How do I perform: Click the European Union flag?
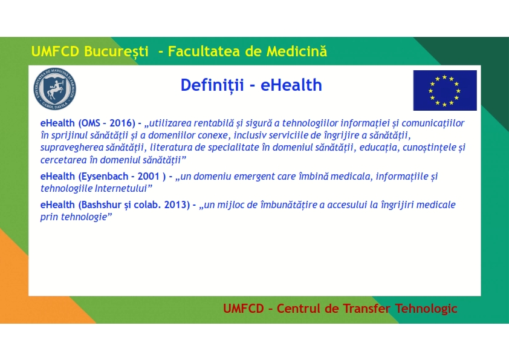pyautogui.click(x=445, y=90)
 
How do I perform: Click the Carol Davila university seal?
pyautogui.click(x=55, y=89)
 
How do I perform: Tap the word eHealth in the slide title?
pyautogui.click(x=291, y=85)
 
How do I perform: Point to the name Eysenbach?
pyautogui.click(x=105, y=177)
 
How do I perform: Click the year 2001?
pyautogui.click(x=148, y=177)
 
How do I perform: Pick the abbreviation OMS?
pyautogui.click(x=89, y=123)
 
